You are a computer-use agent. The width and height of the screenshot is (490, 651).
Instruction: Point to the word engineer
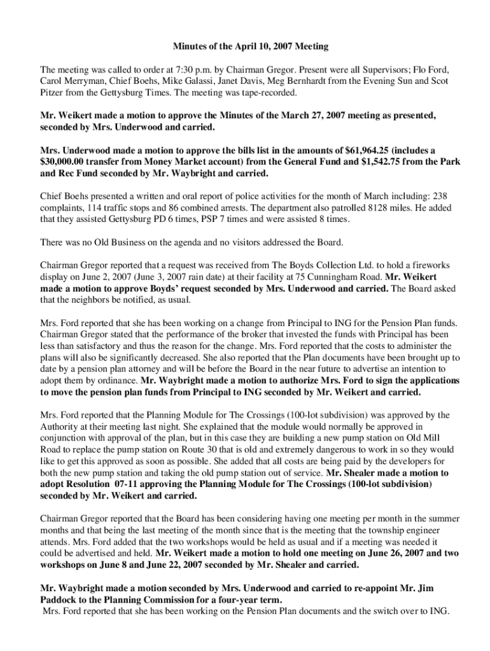coord(424,530)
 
